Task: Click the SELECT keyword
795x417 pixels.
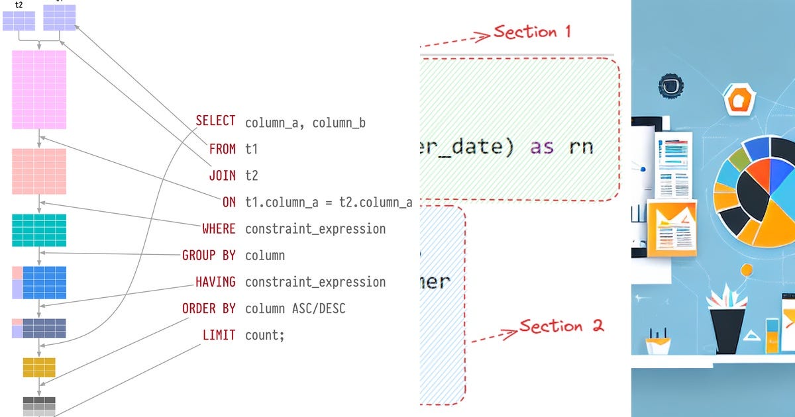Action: pos(215,121)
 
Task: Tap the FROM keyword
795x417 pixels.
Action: pos(222,149)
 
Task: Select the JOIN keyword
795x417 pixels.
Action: pos(222,175)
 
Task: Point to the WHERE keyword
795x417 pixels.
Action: pos(219,229)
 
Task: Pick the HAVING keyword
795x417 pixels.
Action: pos(215,282)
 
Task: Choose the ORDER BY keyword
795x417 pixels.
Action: pos(209,308)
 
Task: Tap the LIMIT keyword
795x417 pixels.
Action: pos(219,335)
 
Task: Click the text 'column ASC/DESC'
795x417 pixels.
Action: pos(295,308)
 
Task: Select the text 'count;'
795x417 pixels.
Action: pos(264,335)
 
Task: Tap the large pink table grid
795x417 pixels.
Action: pos(39,90)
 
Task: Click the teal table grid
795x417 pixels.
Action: pos(39,230)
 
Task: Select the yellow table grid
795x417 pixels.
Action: pos(39,367)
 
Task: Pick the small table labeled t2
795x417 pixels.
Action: pos(19,21)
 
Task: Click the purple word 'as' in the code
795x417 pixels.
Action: pos(542,147)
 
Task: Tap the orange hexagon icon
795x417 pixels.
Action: pos(736,101)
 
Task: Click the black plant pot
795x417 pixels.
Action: pos(727,330)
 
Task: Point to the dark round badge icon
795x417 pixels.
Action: pos(670,86)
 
